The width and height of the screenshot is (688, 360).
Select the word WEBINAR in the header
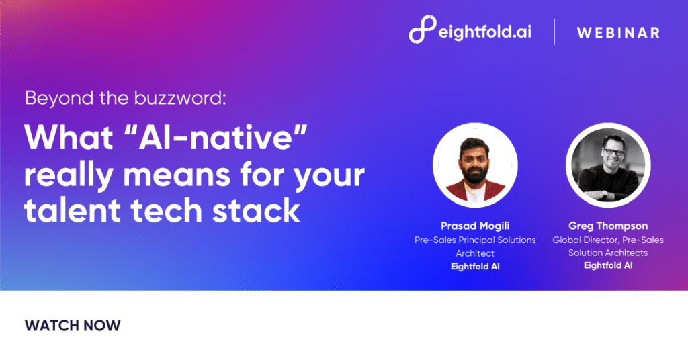618,32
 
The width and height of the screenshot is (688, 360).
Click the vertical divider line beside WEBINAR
554,32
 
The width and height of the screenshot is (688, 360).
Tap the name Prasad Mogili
475,227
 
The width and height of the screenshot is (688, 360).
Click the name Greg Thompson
608,227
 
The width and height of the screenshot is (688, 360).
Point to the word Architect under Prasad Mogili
475,253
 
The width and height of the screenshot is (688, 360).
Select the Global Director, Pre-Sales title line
608,240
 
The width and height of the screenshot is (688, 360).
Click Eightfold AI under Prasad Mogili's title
475,266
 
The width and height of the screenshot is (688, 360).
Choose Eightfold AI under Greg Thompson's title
608,265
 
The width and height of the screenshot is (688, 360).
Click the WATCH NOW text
73,326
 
